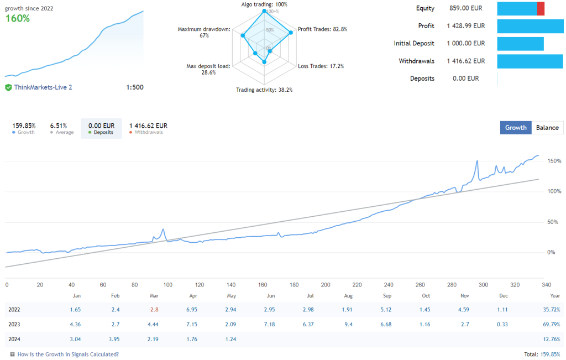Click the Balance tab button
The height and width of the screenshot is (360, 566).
(x=547, y=128)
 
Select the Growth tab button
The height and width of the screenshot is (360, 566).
(x=516, y=128)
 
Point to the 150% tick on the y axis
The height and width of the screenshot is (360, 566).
(x=554, y=161)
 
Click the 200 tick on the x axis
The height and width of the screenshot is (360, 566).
(x=326, y=285)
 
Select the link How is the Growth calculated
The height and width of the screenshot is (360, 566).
(x=67, y=354)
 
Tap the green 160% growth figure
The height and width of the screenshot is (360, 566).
(x=18, y=18)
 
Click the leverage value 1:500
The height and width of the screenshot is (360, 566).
(x=134, y=87)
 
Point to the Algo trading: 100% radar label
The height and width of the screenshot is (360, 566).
(x=264, y=4)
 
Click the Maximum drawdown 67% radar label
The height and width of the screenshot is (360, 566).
(x=204, y=32)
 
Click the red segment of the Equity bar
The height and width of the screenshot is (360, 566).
(x=541, y=8)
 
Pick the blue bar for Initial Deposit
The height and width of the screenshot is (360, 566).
(x=520, y=44)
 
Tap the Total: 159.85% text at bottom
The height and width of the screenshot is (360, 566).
(x=542, y=354)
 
